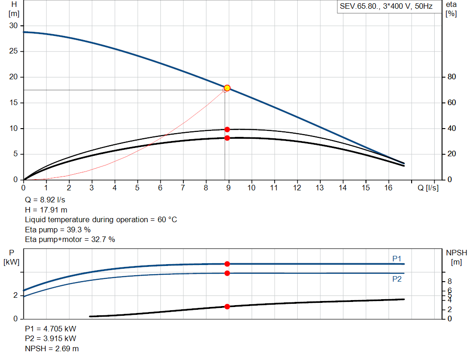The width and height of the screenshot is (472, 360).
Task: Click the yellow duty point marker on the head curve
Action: click(227, 88)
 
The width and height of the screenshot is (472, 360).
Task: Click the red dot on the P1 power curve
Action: click(227, 264)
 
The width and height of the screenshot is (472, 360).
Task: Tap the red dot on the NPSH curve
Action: click(227, 307)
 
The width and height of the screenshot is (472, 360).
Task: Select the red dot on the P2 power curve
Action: click(227, 273)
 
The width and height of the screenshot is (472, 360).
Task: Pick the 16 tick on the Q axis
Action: click(388, 188)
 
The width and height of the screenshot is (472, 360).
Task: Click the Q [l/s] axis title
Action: click(428, 188)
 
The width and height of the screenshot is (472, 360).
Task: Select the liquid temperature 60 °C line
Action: click(100, 220)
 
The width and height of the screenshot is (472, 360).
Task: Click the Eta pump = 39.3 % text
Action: click(58, 230)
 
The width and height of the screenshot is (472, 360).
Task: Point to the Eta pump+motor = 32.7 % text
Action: click(70, 239)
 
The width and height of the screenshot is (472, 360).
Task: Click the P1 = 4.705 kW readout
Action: click(50, 329)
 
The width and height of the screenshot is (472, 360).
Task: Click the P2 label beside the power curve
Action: click(397, 279)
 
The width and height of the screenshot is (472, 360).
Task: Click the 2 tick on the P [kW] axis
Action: click(15, 295)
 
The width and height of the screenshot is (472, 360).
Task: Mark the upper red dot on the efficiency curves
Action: click(227, 130)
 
